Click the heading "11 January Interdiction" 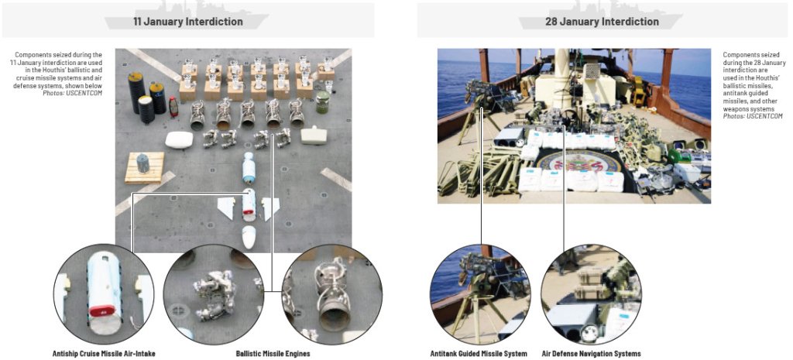(x=187, y=22)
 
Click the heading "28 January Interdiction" (x=602, y=22)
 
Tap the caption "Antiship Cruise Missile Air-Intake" (x=104, y=354)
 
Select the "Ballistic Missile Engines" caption (x=273, y=354)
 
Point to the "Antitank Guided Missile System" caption (x=479, y=354)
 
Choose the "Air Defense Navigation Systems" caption (x=591, y=354)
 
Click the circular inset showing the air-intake (x=104, y=294)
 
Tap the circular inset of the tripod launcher (x=480, y=294)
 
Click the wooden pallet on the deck (x=145, y=167)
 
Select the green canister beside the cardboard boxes (x=322, y=102)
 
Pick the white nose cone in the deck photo (x=249, y=237)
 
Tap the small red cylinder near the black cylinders (x=173, y=107)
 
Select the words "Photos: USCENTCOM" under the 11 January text (x=73, y=94)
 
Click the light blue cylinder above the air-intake (x=249, y=168)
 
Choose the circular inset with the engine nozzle (x=331, y=294)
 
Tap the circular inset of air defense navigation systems (x=591, y=294)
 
